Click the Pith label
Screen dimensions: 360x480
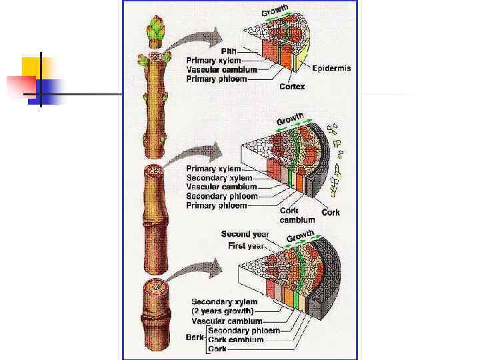(x=230, y=50)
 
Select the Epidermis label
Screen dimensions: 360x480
(x=331, y=68)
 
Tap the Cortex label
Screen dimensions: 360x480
(x=292, y=87)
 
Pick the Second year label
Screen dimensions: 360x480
(x=245, y=234)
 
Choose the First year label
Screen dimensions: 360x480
(x=247, y=246)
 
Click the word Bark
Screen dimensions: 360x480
(x=195, y=337)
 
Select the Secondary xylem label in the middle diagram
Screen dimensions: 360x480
(x=219, y=178)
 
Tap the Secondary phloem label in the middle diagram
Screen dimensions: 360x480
(x=221, y=197)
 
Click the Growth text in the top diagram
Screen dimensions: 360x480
(x=275, y=11)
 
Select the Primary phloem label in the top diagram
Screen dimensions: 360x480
(x=217, y=79)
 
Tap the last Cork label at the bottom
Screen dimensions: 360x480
(x=218, y=349)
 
